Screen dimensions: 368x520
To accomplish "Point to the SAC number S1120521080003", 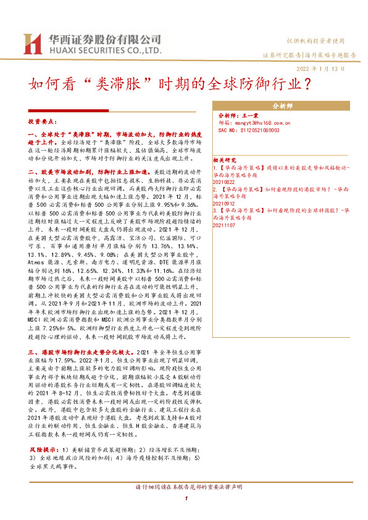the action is [x=249, y=130].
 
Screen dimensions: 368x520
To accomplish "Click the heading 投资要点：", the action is [x=44, y=122].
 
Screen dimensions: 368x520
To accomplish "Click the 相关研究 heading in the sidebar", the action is [x=224, y=159].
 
